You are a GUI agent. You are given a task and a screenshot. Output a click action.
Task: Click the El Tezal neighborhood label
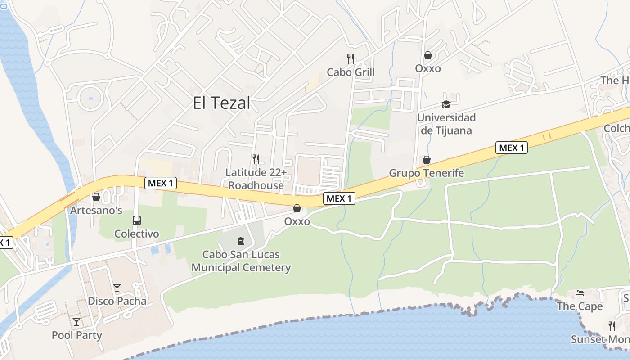point(221,103)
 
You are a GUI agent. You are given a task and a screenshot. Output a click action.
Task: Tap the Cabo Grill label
point(351,72)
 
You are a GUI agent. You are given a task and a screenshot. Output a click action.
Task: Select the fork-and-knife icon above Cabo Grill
point(351,58)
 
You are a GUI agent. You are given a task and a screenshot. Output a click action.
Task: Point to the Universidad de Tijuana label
point(446,124)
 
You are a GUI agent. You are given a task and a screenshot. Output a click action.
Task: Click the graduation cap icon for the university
point(446,104)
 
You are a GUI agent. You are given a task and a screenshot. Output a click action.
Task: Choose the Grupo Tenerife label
point(426,173)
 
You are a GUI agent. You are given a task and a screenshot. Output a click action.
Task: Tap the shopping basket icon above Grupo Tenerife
point(426,160)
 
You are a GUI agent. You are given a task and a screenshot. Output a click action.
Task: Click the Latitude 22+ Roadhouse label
point(256,179)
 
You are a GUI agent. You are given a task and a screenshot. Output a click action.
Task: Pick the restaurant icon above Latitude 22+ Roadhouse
point(256,159)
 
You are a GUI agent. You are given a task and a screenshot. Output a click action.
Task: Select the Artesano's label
point(96,211)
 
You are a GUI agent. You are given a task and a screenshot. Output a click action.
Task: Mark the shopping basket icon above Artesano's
point(96,197)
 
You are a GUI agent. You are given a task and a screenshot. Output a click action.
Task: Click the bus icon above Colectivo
point(137,220)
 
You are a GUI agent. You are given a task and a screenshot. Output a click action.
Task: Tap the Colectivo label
point(137,234)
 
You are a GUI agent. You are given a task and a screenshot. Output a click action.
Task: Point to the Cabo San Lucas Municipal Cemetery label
point(241,261)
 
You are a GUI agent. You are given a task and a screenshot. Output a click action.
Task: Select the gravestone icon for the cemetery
point(240,241)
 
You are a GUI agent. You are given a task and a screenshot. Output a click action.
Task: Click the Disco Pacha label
point(117,301)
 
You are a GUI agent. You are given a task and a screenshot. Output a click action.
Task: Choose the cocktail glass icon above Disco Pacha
point(117,288)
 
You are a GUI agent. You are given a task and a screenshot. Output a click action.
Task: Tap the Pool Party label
point(77,335)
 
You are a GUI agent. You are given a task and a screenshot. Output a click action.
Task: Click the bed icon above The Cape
point(580,293)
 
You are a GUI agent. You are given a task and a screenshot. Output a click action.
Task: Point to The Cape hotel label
point(580,306)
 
